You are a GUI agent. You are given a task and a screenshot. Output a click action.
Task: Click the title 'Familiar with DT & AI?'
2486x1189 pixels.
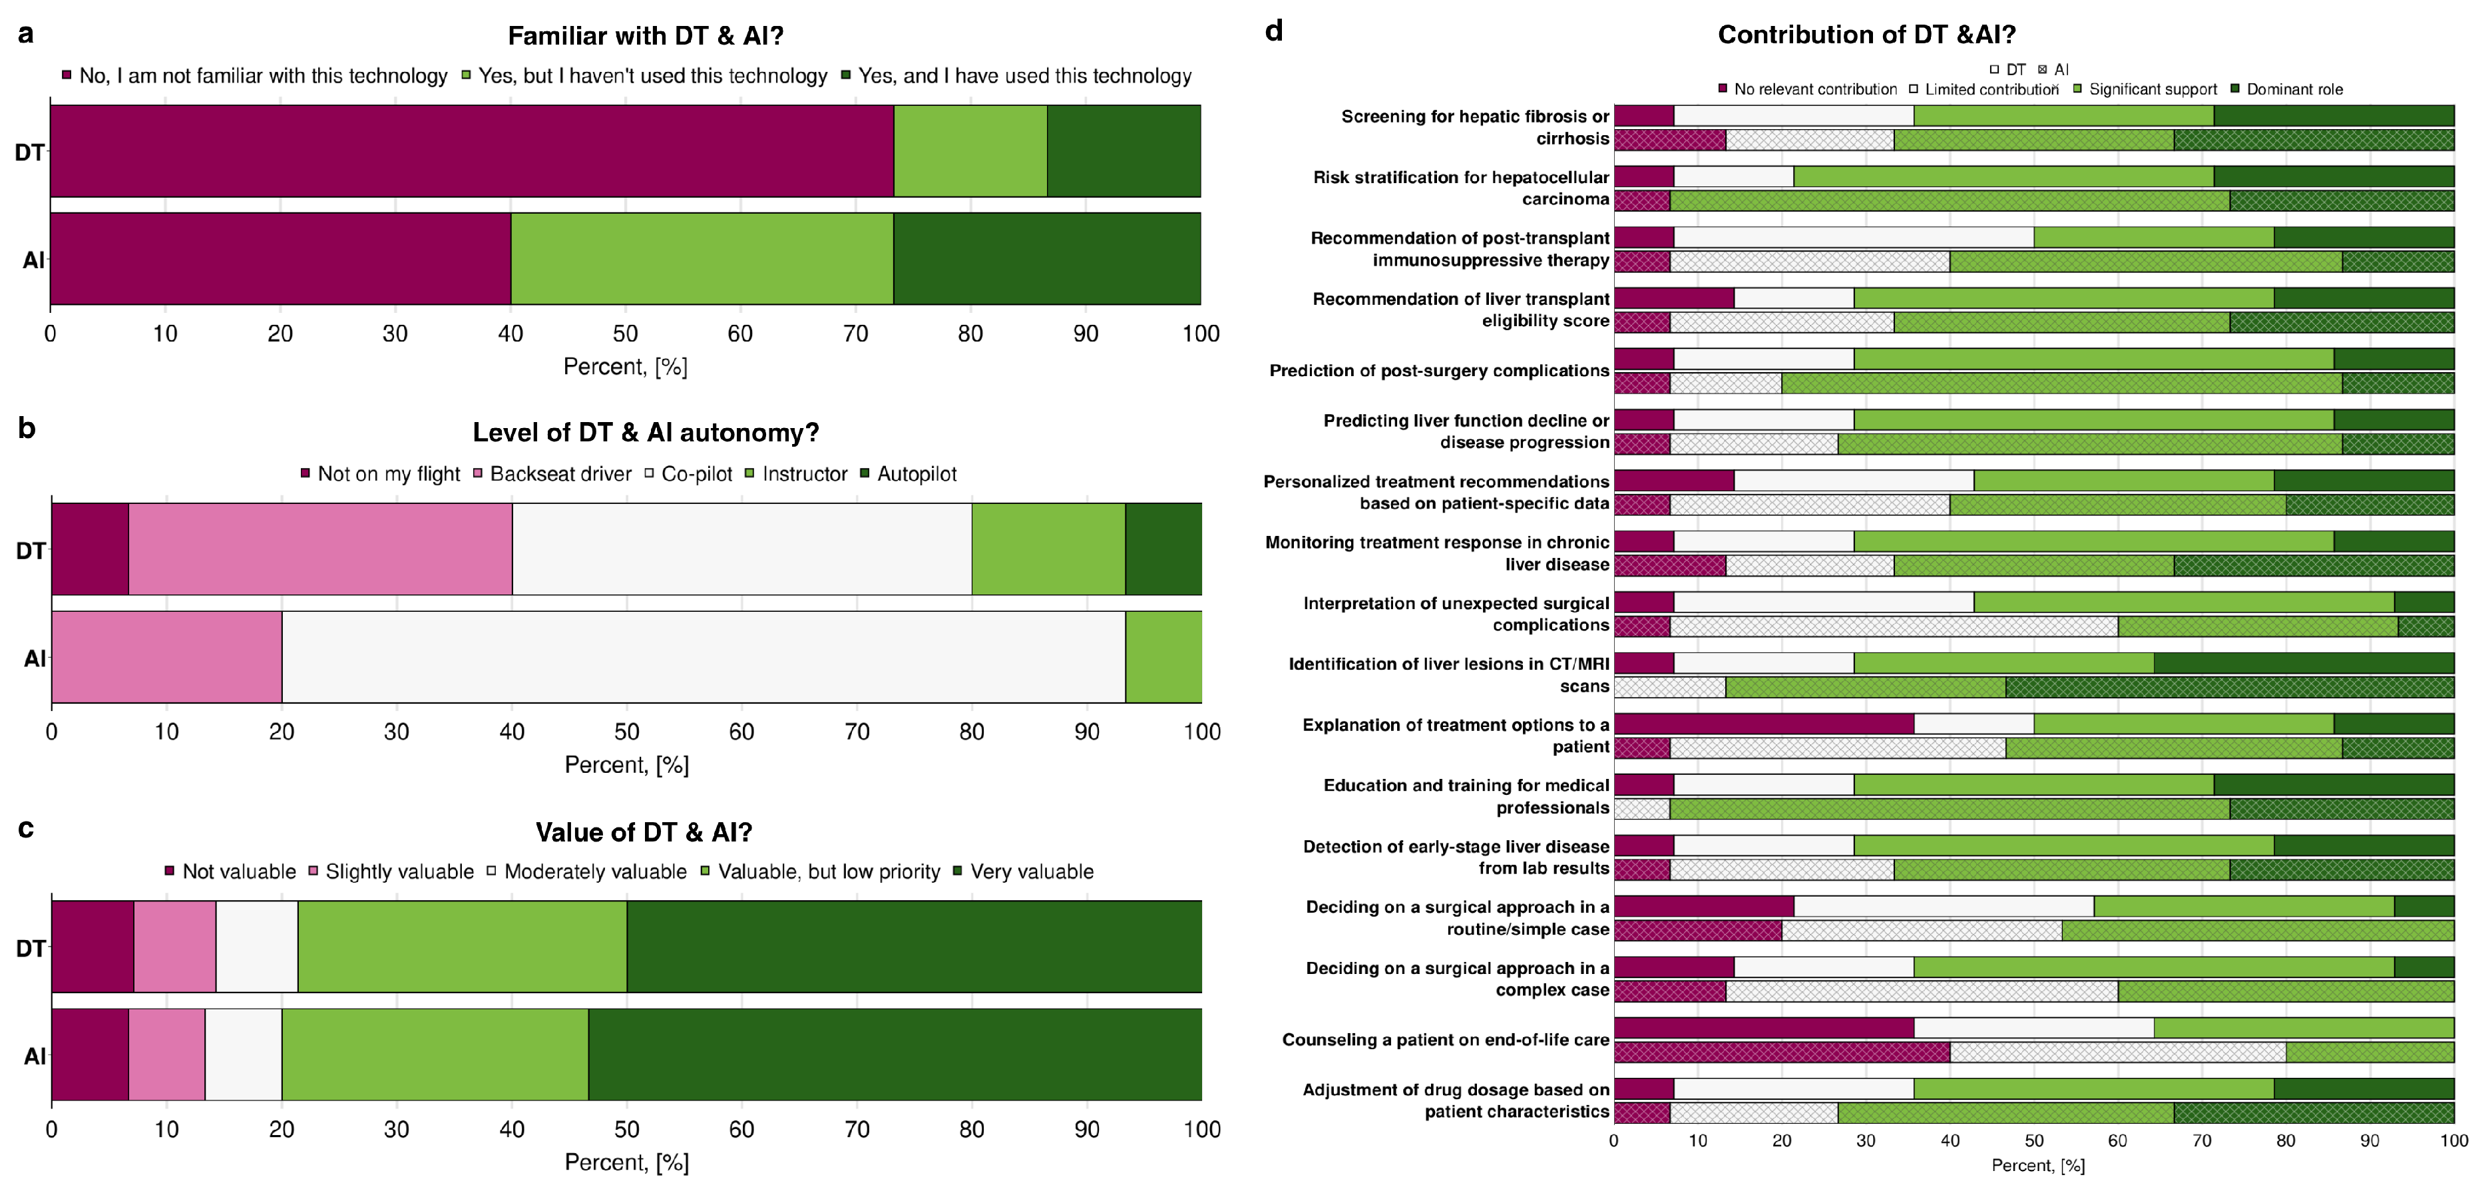point(645,36)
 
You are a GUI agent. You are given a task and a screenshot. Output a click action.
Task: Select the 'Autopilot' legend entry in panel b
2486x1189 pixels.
point(916,474)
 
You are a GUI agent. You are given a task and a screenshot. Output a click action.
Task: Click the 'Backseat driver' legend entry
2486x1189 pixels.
point(560,474)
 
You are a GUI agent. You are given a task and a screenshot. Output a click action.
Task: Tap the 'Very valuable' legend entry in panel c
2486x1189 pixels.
point(1031,871)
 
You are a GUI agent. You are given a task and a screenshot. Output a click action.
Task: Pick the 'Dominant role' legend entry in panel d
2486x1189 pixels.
point(2293,89)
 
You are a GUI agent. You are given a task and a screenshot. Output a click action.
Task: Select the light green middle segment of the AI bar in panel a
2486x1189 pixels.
point(702,259)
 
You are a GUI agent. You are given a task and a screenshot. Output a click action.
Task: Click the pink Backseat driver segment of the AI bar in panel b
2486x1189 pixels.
point(166,657)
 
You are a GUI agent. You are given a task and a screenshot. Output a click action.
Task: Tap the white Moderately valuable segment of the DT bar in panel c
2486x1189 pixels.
point(257,947)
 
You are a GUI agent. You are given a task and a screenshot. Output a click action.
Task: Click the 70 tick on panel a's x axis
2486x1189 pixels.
point(855,334)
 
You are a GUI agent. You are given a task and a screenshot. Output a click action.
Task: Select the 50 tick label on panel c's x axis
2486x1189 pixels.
point(627,1129)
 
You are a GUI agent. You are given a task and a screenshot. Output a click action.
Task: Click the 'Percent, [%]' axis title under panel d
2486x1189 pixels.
point(2037,1165)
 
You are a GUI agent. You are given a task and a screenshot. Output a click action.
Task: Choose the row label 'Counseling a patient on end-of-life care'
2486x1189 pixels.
point(1445,1039)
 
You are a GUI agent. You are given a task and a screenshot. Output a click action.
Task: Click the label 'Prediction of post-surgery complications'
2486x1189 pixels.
point(1439,371)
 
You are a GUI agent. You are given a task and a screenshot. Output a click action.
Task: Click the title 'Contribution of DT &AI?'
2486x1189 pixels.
point(1866,35)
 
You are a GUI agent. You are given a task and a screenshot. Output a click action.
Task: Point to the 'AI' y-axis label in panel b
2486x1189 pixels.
point(35,658)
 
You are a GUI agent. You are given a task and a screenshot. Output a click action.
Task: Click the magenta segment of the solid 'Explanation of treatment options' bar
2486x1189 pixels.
point(1763,724)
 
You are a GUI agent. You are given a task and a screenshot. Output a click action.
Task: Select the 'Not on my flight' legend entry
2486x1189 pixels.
point(388,474)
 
